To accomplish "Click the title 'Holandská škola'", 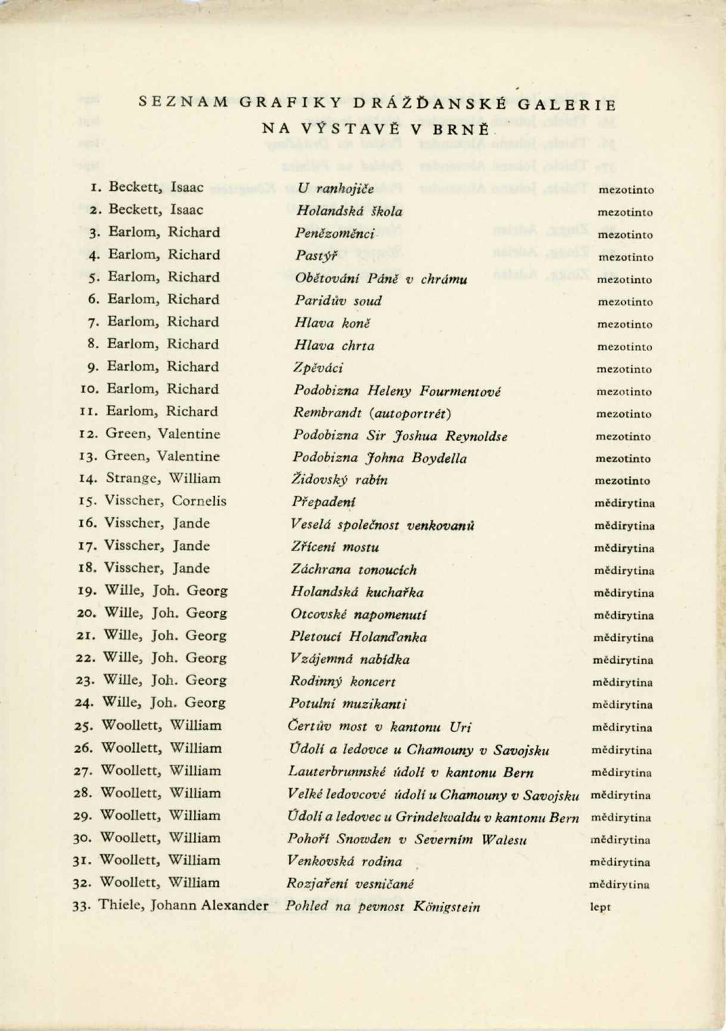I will (x=349, y=211).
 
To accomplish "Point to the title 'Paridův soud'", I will (x=338, y=301).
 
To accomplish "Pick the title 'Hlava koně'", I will (x=332, y=323).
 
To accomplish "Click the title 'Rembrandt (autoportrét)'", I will (x=372, y=413).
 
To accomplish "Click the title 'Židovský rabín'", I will (x=340, y=480).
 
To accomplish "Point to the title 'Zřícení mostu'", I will (x=335, y=547).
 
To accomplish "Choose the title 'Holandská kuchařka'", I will (x=357, y=592).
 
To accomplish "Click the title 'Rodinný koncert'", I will (x=343, y=681).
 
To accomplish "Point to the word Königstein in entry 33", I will (x=446, y=907).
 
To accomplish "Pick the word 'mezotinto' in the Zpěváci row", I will (x=624, y=369).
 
